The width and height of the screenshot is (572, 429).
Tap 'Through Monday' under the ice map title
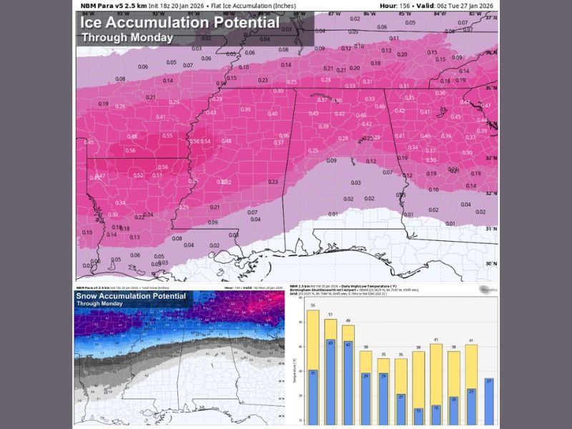click(127, 37)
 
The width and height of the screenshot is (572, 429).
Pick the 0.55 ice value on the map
click(167, 135)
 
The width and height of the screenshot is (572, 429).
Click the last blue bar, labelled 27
click(488, 401)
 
